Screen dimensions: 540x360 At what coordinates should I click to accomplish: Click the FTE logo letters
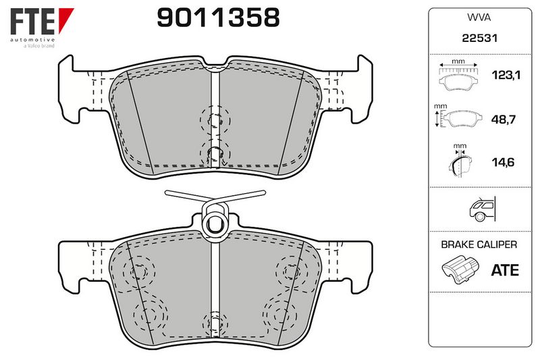(x=32, y=22)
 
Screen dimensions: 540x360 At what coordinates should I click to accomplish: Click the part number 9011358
(x=218, y=18)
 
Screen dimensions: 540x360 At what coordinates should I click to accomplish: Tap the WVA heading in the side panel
(x=479, y=18)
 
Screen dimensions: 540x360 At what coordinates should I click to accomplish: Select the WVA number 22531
(x=480, y=38)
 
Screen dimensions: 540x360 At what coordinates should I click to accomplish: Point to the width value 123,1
(x=506, y=75)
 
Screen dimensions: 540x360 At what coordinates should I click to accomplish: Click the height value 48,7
(x=503, y=120)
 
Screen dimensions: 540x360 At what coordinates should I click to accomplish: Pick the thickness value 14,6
(x=503, y=162)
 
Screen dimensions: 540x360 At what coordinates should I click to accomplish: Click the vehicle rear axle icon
(x=482, y=209)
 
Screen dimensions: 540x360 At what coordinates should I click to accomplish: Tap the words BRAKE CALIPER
(x=479, y=245)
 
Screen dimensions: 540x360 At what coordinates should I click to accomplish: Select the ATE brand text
(x=505, y=270)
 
